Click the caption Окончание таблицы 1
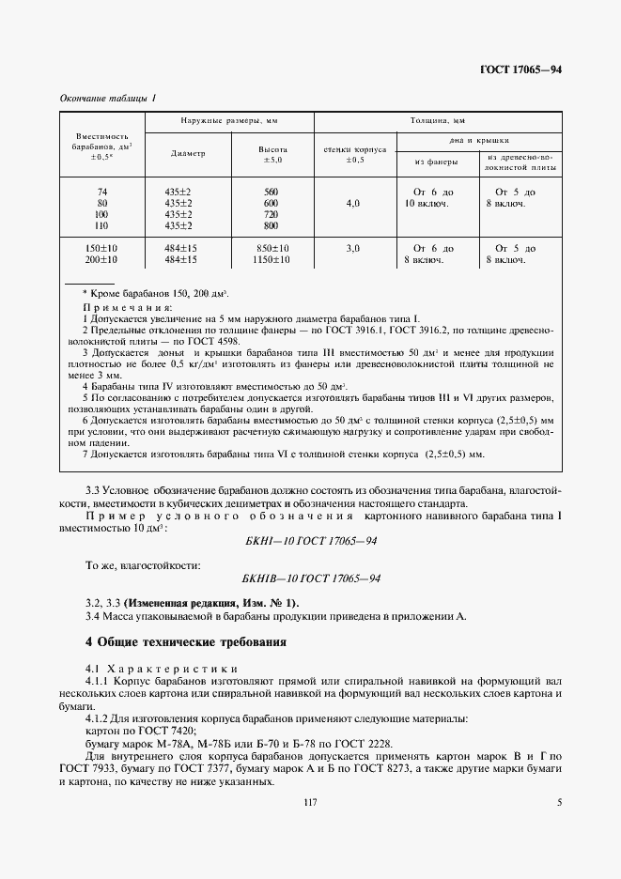108,99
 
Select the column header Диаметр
188,154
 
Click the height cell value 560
272,192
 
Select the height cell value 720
272,214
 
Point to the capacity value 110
102,225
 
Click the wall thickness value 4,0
352,203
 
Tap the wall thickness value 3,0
352,248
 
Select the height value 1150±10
272,259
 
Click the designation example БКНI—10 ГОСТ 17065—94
309,543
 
